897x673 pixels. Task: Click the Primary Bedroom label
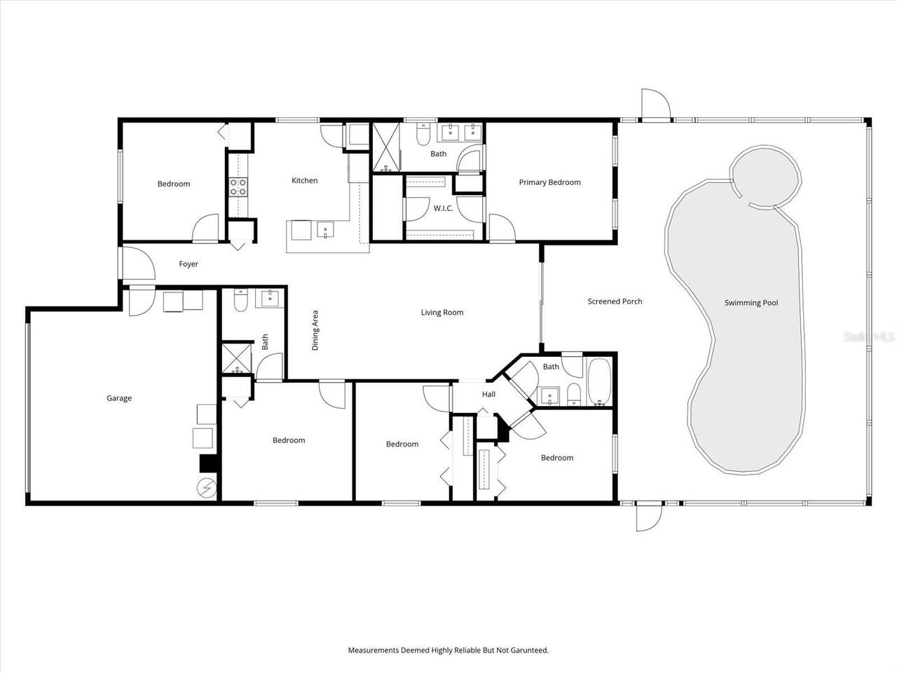[x=549, y=182]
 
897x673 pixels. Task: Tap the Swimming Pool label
[x=751, y=303]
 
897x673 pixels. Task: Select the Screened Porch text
[x=615, y=301]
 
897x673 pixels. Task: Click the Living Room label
[x=441, y=313]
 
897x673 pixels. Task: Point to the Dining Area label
[x=315, y=330]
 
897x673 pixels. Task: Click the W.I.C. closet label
[x=443, y=208]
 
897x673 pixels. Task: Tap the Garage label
[x=119, y=398]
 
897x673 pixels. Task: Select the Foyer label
[x=189, y=264]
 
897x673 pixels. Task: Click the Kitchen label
[x=304, y=181]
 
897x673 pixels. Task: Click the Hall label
[x=488, y=394]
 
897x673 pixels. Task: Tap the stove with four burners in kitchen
[x=238, y=186]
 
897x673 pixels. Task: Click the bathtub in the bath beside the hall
[x=600, y=383]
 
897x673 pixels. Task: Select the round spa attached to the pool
[x=765, y=177]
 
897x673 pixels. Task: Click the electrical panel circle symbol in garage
[x=207, y=488]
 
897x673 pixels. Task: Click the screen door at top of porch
[x=657, y=105]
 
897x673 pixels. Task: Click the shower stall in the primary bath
[x=385, y=147]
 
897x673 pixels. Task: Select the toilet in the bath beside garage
[x=240, y=301]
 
